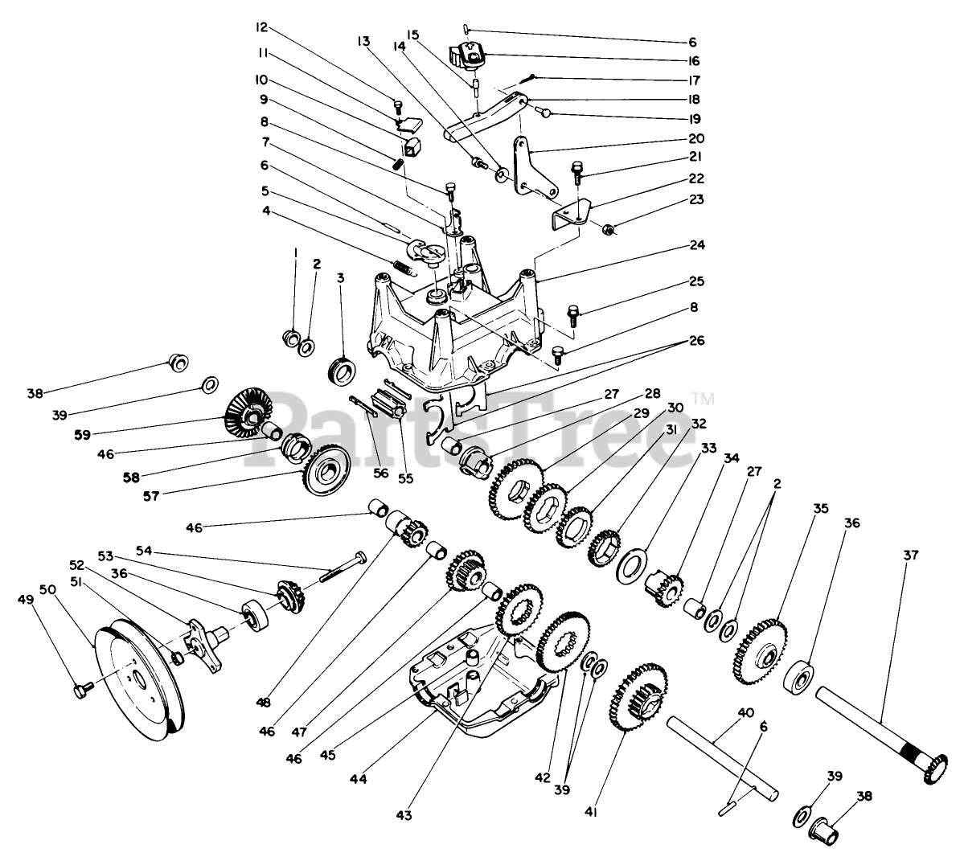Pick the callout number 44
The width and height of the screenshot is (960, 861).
coord(359,779)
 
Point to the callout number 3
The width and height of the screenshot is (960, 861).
coord(341,278)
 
